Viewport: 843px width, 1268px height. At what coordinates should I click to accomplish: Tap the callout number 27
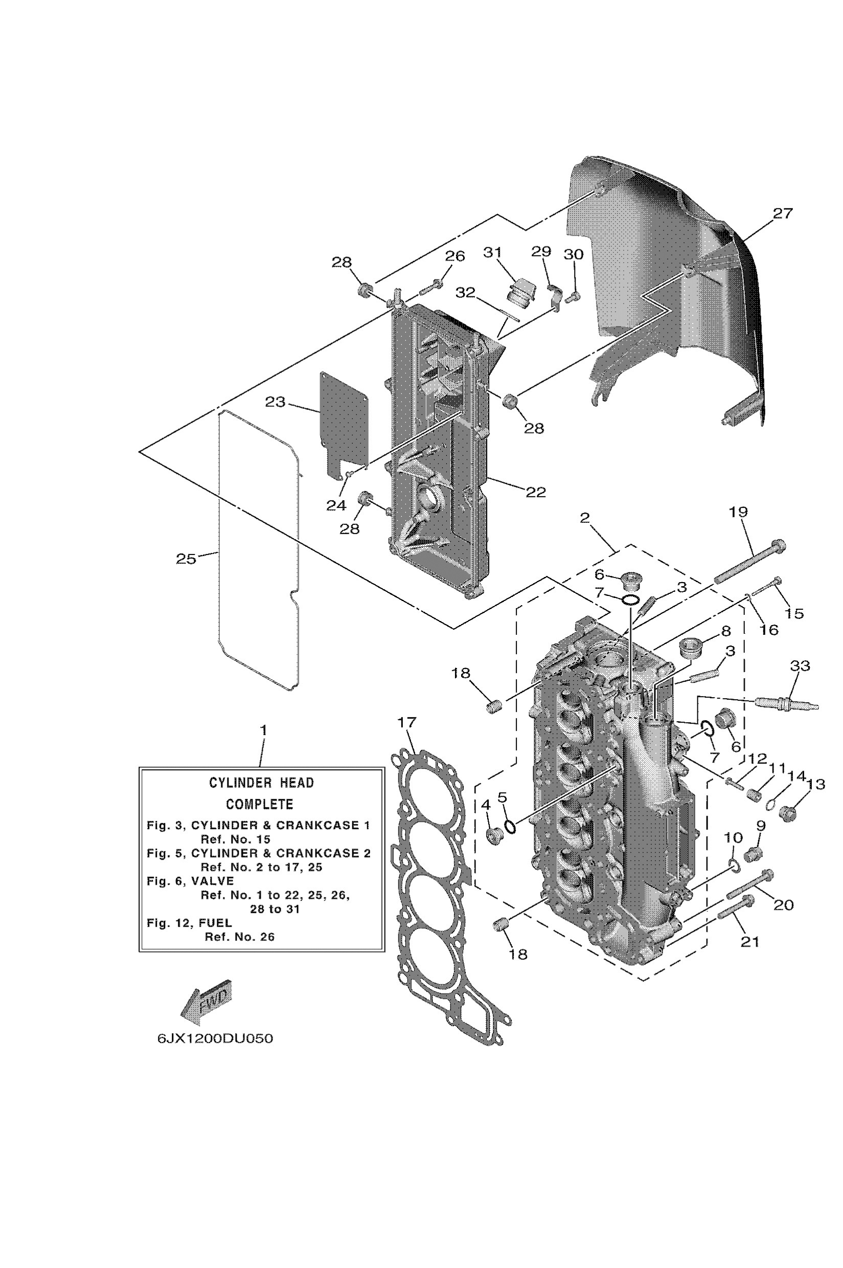[x=783, y=214]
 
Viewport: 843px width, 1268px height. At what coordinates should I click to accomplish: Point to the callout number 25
[x=186, y=559]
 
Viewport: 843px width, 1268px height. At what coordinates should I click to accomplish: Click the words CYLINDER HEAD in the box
[x=261, y=782]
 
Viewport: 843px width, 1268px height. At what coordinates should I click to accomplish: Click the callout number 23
[x=275, y=402]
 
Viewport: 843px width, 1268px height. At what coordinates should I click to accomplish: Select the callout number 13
[x=815, y=784]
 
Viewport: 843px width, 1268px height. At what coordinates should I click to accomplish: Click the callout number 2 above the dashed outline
[x=585, y=518]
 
